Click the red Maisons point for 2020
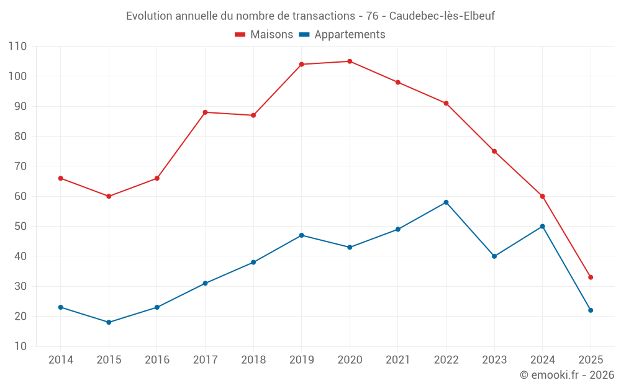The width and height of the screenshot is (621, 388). pos(350,61)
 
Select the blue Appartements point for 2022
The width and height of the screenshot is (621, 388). pos(446,202)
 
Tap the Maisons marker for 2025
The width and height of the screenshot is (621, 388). pos(591,277)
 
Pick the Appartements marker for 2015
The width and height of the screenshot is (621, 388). pos(109,322)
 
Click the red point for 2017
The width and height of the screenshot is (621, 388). pos(205,112)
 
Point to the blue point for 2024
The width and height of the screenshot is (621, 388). pos(542,227)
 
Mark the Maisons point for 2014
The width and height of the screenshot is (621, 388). pos(60,178)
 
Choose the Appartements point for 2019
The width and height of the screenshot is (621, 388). pos(301,235)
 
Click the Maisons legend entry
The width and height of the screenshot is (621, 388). pos(264,35)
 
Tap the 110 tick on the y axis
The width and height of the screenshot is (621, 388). pos(17,47)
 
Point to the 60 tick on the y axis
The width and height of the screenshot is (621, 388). pos(20,196)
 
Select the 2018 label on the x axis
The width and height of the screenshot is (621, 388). pos(253,360)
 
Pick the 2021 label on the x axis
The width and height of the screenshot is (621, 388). pos(398,360)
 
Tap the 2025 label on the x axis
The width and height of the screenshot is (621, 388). pos(591,360)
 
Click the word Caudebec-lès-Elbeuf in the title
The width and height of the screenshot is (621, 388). pos(442,16)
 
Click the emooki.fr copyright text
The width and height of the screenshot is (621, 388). pos(567,375)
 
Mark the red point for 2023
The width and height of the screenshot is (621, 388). pos(494,151)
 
